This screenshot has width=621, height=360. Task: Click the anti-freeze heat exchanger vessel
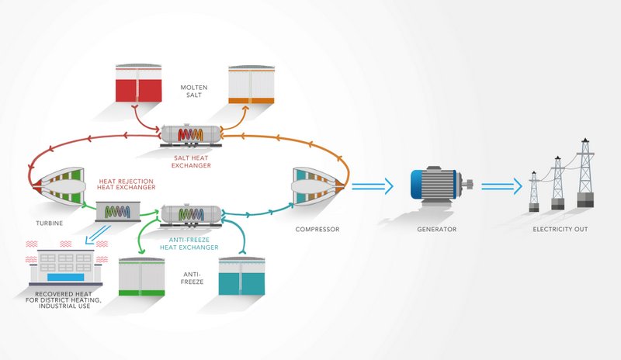190,213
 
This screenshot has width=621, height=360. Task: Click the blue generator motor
434,186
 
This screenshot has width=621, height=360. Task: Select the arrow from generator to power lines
501,186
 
